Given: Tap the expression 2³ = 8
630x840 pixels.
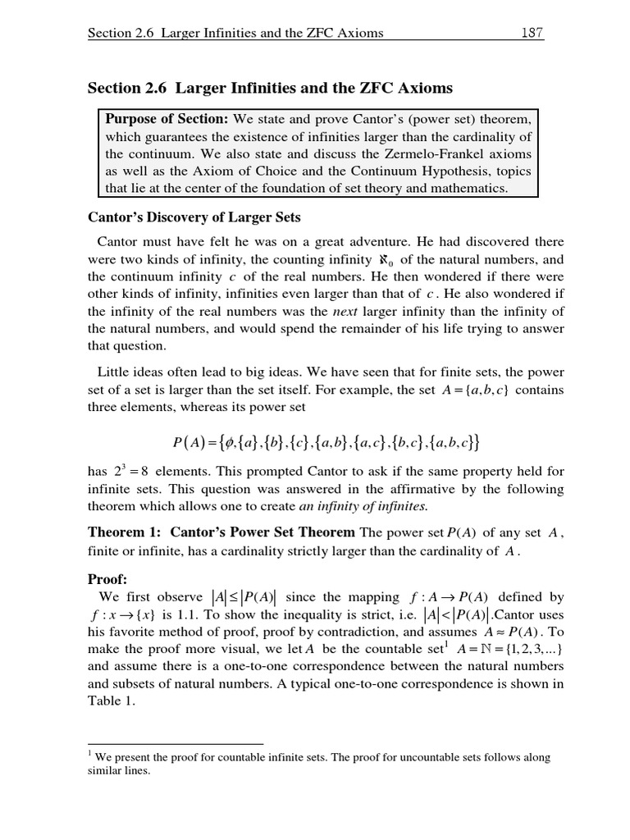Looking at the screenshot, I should tap(128, 472).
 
